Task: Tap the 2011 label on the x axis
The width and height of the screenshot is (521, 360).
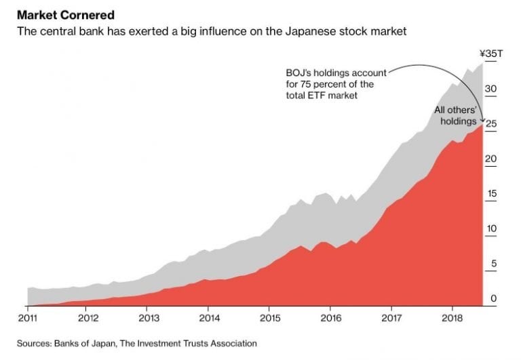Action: pyautogui.click(x=27, y=317)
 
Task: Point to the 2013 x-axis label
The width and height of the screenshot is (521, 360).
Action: pyautogui.click(x=149, y=317)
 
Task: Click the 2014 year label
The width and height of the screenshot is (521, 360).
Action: pyautogui.click(x=209, y=317)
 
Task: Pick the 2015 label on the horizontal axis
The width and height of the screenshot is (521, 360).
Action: pyautogui.click(x=269, y=317)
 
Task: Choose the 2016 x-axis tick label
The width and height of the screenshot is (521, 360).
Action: pyautogui.click(x=330, y=317)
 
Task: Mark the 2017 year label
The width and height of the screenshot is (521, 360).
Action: pyautogui.click(x=391, y=317)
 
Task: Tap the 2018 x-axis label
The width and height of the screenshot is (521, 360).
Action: pyautogui.click(x=452, y=317)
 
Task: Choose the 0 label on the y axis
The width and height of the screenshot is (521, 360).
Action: pyautogui.click(x=492, y=298)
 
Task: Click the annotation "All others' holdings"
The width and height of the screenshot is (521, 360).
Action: pyautogui.click(x=457, y=115)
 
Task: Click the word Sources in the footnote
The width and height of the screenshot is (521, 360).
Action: pyautogui.click(x=34, y=344)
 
